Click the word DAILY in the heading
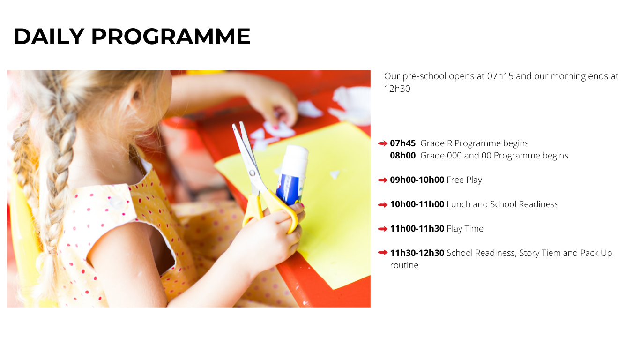click(49, 36)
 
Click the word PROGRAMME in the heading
click(171, 36)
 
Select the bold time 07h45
click(402, 143)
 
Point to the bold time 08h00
click(402, 155)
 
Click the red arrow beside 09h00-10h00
click(383, 180)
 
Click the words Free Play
click(464, 180)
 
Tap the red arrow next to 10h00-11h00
click(383, 204)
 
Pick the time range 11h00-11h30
click(417, 228)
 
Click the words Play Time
click(465, 228)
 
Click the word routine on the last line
click(404, 265)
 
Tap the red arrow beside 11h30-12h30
click(383, 253)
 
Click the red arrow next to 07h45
click(383, 143)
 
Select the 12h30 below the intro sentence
click(397, 89)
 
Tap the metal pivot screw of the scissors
click(252, 172)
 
